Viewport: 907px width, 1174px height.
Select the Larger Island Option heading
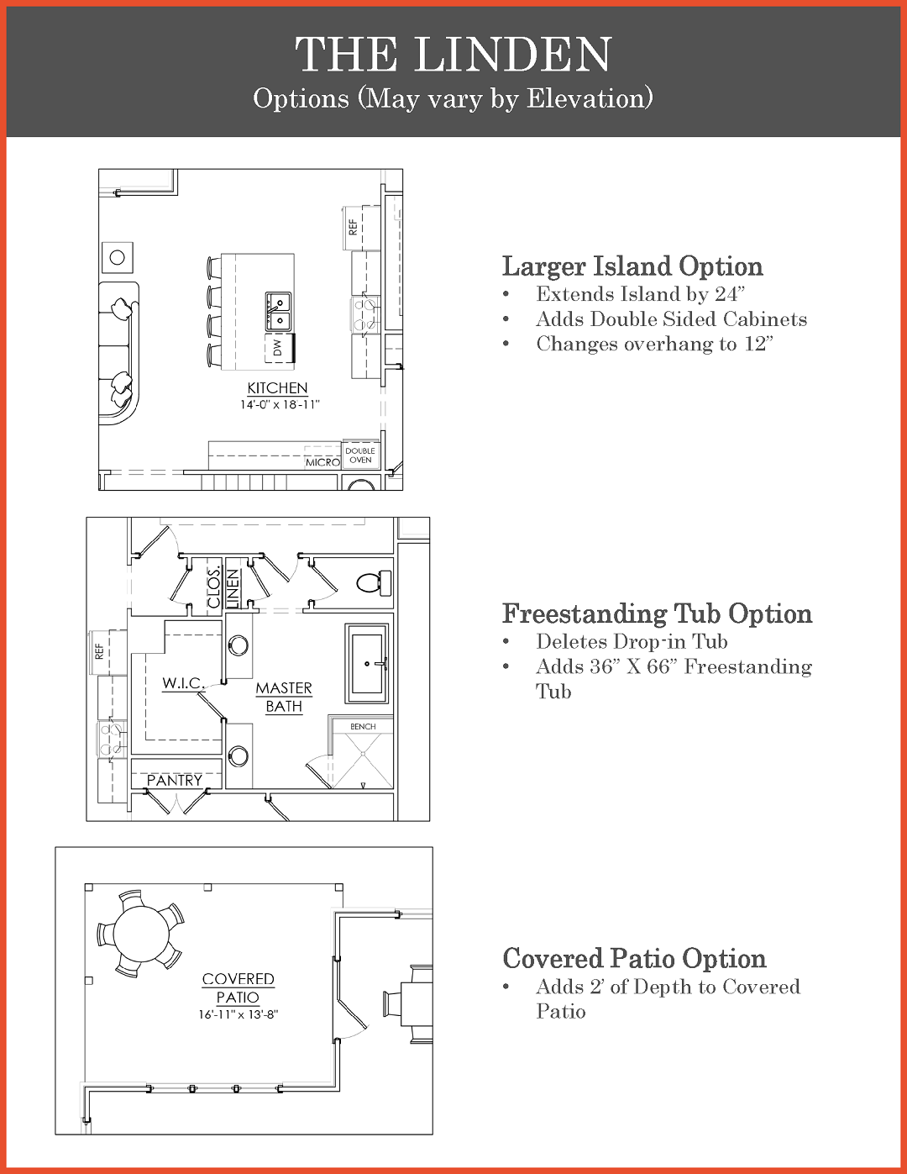(x=632, y=266)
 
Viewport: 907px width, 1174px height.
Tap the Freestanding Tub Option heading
(x=657, y=613)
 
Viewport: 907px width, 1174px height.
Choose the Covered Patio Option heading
(x=634, y=958)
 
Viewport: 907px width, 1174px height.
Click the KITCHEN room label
(x=277, y=388)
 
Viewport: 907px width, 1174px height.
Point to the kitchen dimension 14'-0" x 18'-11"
(x=280, y=404)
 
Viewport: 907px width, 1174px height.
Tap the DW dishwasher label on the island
(x=277, y=347)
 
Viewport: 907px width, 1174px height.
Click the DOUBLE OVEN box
(x=360, y=455)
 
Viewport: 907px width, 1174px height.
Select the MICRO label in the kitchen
(x=322, y=462)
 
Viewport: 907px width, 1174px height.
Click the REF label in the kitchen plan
(x=353, y=227)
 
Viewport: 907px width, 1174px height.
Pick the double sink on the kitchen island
(x=278, y=312)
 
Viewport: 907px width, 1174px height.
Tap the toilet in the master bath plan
(x=375, y=583)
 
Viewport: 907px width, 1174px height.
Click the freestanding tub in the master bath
(x=367, y=664)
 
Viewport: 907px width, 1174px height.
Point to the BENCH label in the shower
(x=363, y=727)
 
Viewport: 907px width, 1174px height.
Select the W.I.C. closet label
(x=183, y=683)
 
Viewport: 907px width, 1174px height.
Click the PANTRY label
(x=175, y=780)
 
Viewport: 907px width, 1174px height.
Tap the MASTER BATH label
(x=284, y=697)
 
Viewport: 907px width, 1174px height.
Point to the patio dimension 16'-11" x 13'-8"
(x=239, y=1014)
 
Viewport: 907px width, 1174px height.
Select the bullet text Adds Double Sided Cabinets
(x=671, y=319)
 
